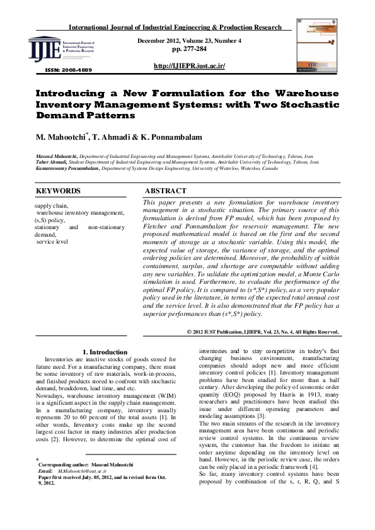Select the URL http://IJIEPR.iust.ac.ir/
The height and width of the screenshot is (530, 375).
(x=189, y=66)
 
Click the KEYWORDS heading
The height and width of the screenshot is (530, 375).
(x=58, y=191)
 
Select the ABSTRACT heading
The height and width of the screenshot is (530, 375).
(x=166, y=191)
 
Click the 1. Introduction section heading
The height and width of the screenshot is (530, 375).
(x=105, y=352)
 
